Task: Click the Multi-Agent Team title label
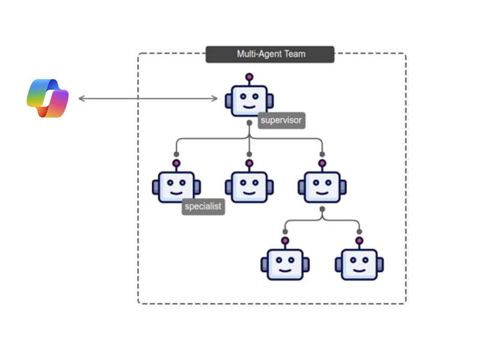coord(271,54)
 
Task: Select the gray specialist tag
coord(203,206)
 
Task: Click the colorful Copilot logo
coord(47,98)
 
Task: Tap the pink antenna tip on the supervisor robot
coord(249,77)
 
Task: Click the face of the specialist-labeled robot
coord(176,187)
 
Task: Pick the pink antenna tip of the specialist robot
coord(176,163)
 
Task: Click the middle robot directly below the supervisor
coord(248,187)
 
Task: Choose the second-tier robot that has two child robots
coord(322,187)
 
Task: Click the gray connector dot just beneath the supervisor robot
coord(249,123)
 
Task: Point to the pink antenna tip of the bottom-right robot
coord(359,241)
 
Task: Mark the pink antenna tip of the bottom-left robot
coord(285,241)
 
